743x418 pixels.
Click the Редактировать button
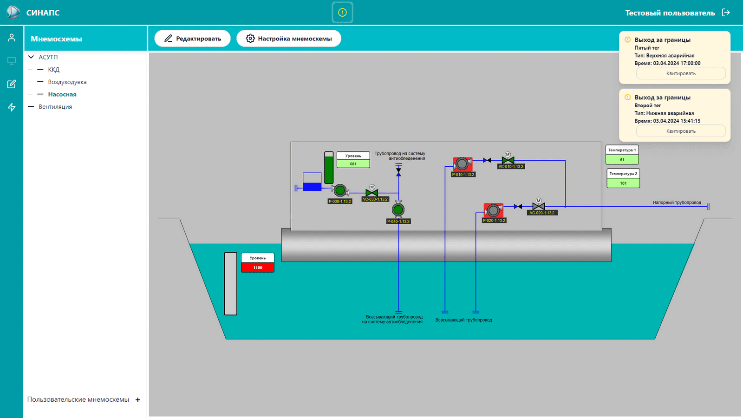(192, 39)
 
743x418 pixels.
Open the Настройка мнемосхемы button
(288, 39)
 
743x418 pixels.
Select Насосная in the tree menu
(62, 94)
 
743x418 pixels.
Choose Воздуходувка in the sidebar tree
(67, 82)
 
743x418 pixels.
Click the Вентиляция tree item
(55, 106)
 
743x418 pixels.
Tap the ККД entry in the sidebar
(53, 69)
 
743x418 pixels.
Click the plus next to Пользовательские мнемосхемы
(137, 400)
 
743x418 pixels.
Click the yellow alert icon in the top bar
(342, 13)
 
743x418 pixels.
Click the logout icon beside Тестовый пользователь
(726, 13)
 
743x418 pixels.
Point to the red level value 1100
(258, 268)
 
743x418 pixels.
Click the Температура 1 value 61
(622, 160)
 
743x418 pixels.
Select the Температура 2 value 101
(623, 183)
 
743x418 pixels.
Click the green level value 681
(353, 164)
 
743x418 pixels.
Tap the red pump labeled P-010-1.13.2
(463, 164)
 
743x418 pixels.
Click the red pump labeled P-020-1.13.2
(493, 210)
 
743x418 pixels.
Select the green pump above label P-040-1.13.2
(398, 209)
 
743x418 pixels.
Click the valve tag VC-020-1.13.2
(542, 213)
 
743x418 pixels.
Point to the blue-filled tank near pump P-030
(312, 182)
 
